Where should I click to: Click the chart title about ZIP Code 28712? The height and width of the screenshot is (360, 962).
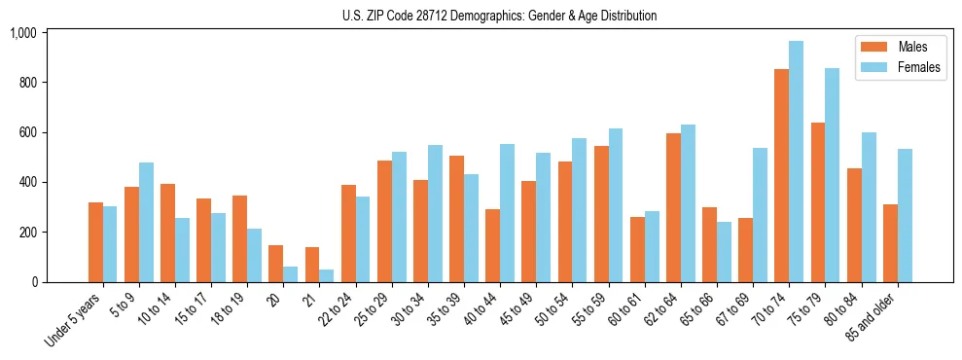pyautogui.click(x=499, y=16)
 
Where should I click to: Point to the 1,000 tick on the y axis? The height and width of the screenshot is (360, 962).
pyautogui.click(x=23, y=33)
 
